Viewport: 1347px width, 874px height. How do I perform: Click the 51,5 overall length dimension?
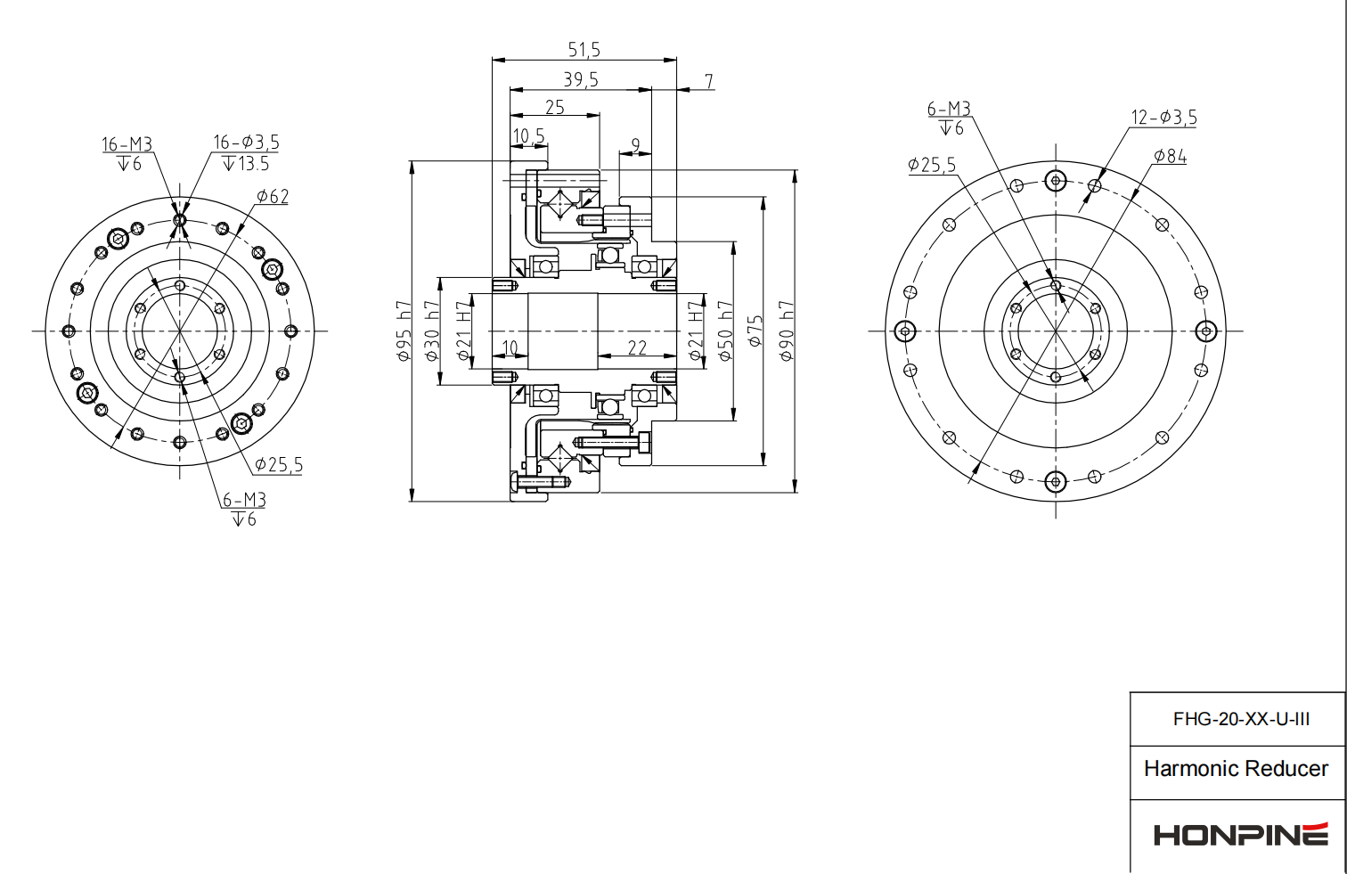(x=584, y=50)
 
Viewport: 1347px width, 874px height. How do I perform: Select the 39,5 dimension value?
(x=580, y=80)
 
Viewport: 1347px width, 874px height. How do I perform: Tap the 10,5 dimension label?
(x=528, y=136)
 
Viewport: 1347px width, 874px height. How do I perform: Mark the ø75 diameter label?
(x=755, y=331)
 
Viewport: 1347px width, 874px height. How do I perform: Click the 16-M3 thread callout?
(x=127, y=144)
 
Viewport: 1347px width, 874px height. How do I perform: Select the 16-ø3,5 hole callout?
(x=246, y=143)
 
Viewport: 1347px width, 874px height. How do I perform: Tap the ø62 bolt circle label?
(x=273, y=196)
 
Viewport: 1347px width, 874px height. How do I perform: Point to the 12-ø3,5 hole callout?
(x=1163, y=118)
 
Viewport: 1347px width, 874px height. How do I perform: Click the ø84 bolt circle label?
(x=1170, y=157)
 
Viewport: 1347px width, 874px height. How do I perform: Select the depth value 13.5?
(x=253, y=164)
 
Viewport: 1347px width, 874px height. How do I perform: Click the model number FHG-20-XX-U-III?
(x=1240, y=719)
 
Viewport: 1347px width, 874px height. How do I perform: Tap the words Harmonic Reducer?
(x=1236, y=769)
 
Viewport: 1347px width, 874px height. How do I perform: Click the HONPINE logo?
(x=1240, y=835)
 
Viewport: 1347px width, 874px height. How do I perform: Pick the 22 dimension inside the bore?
(x=637, y=347)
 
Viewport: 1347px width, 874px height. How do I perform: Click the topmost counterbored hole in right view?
(x=1056, y=181)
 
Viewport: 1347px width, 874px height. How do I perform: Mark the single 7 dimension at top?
(x=709, y=81)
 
